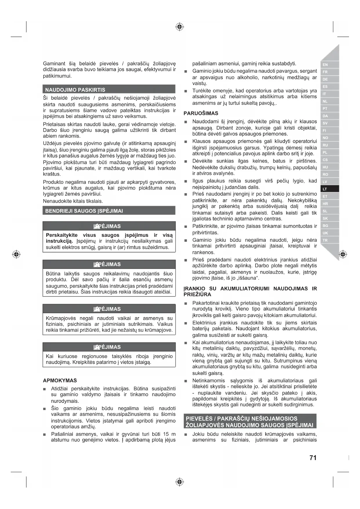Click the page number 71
point(313,458)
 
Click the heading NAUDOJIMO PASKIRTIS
point(75,90)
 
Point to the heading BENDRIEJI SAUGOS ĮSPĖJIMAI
point(84,211)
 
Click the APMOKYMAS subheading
point(60,380)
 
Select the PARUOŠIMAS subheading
point(201,113)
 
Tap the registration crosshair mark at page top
point(180,27)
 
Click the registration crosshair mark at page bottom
point(180,482)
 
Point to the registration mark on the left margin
point(16,255)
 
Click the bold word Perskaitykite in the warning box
point(61,235)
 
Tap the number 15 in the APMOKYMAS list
point(166,434)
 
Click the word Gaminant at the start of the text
point(54,64)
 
